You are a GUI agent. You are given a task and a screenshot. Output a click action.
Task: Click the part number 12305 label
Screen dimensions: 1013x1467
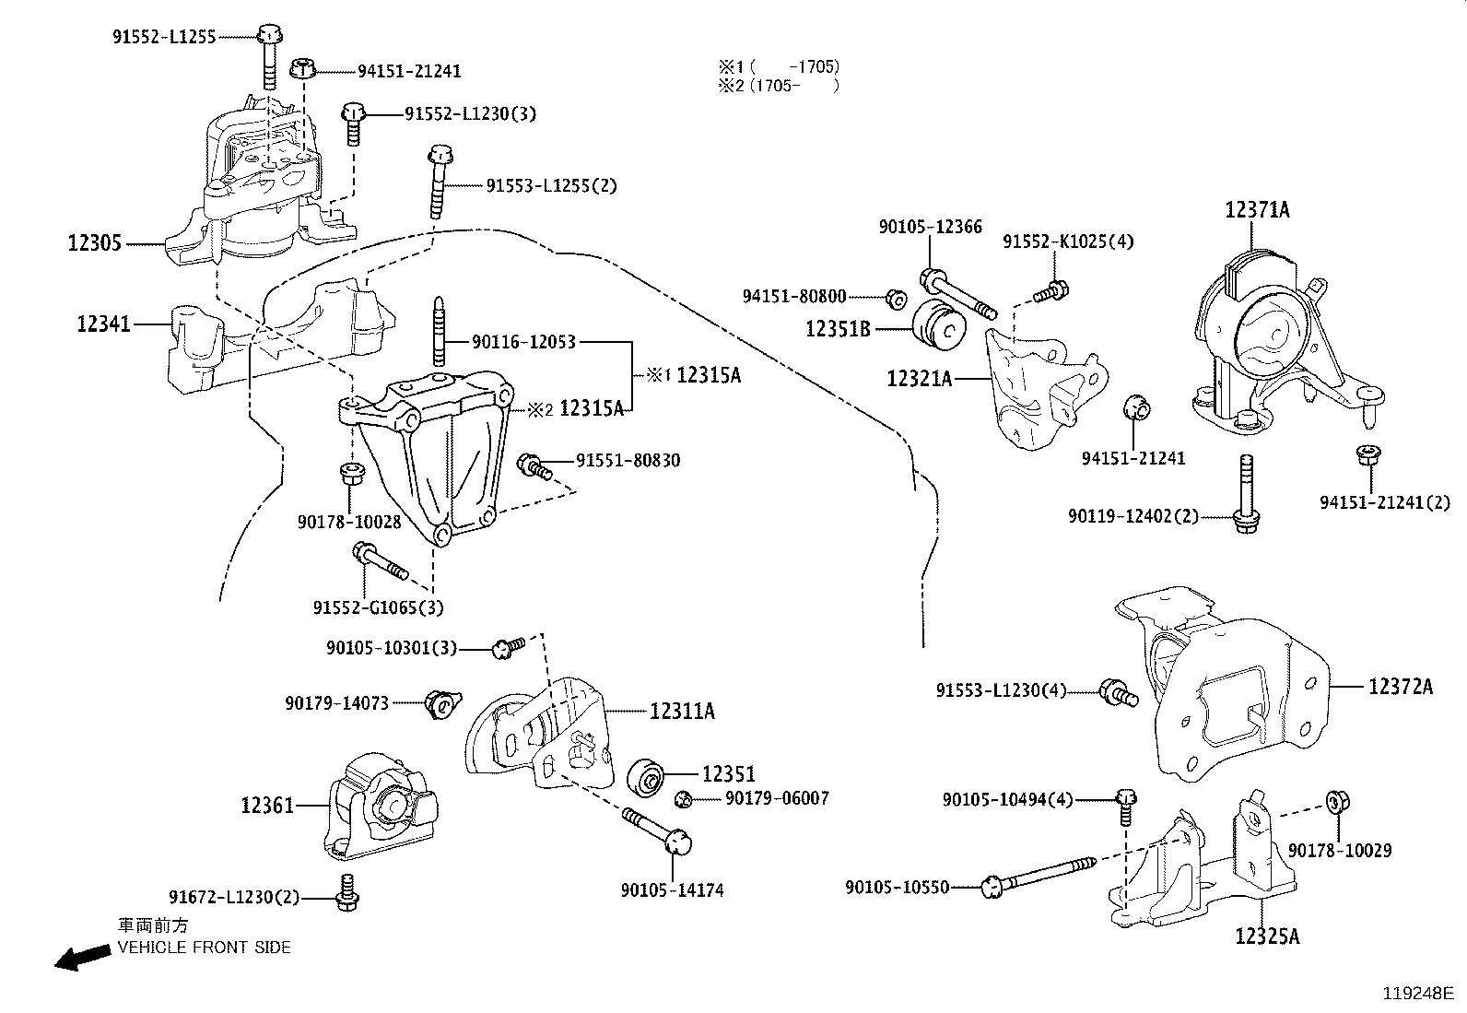click(x=94, y=244)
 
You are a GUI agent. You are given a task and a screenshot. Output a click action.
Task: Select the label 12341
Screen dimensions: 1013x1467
click(x=103, y=324)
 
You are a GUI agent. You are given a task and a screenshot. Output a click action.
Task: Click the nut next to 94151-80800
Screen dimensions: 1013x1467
click(x=893, y=298)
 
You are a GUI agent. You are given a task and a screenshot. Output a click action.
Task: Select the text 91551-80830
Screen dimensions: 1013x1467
click(x=628, y=460)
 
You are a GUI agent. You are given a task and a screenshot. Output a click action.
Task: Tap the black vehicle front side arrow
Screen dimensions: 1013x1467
click(x=79, y=959)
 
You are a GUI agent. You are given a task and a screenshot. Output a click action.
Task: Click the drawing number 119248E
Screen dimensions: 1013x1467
click(x=1416, y=994)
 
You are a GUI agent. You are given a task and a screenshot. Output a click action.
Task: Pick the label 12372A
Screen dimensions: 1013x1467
click(x=1400, y=687)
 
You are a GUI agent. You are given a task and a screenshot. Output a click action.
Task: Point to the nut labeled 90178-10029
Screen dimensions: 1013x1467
click(x=1335, y=802)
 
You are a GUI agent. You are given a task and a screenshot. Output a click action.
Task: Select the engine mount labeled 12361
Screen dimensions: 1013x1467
click(x=380, y=807)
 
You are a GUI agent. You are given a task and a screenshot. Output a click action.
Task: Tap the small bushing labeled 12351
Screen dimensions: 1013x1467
click(x=647, y=777)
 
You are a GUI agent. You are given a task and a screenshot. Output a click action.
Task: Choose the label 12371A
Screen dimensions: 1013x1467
click(x=1257, y=210)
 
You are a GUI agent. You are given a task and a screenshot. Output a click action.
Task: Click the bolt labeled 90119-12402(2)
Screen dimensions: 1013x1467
click(x=1246, y=493)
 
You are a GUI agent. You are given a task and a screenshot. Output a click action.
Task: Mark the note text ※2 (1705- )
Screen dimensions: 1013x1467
click(x=779, y=86)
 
